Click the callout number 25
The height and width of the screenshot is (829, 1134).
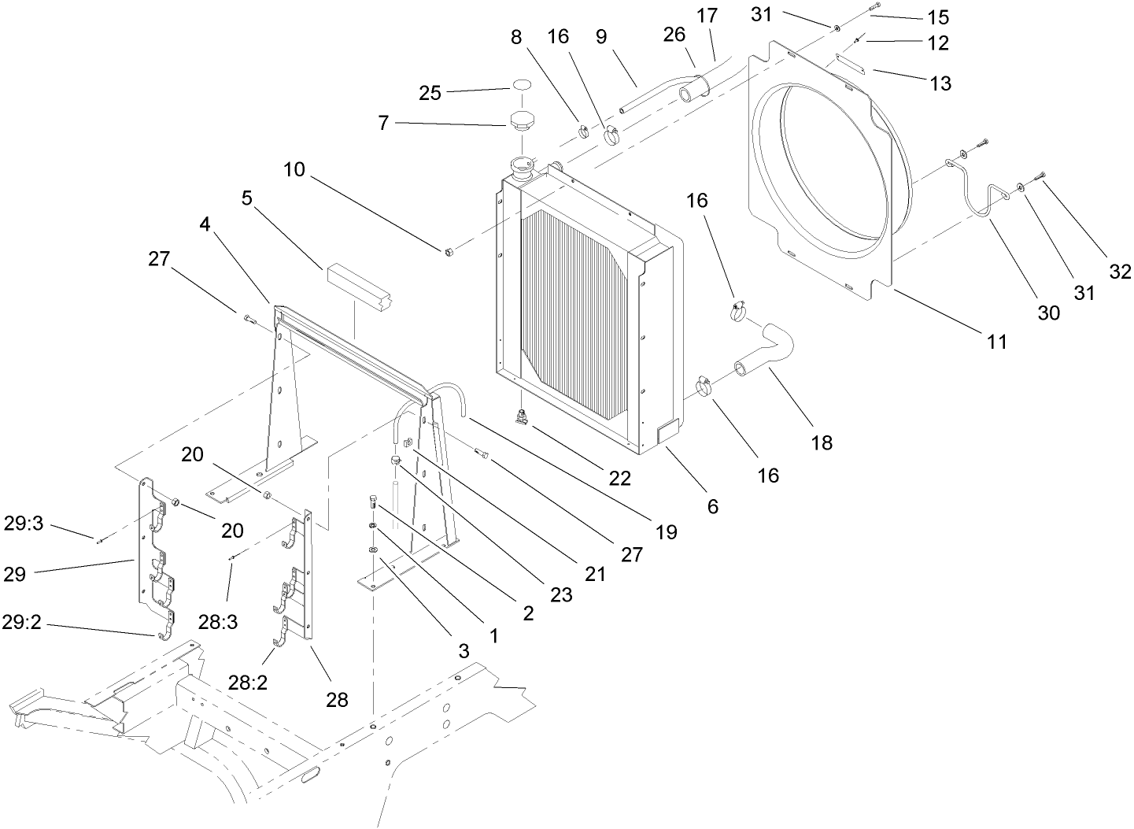pyautogui.click(x=430, y=92)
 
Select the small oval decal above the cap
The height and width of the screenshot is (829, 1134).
pyautogui.click(x=522, y=84)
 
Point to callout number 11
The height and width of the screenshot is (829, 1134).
pyautogui.click(x=997, y=342)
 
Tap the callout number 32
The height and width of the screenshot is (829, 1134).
pyautogui.click(x=1120, y=272)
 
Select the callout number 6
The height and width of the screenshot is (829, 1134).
pyautogui.click(x=712, y=506)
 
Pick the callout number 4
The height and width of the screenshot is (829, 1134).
pyautogui.click(x=205, y=224)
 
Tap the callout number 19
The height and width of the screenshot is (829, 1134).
pyautogui.click(x=666, y=532)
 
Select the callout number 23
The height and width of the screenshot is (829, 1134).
pyautogui.click(x=560, y=595)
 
